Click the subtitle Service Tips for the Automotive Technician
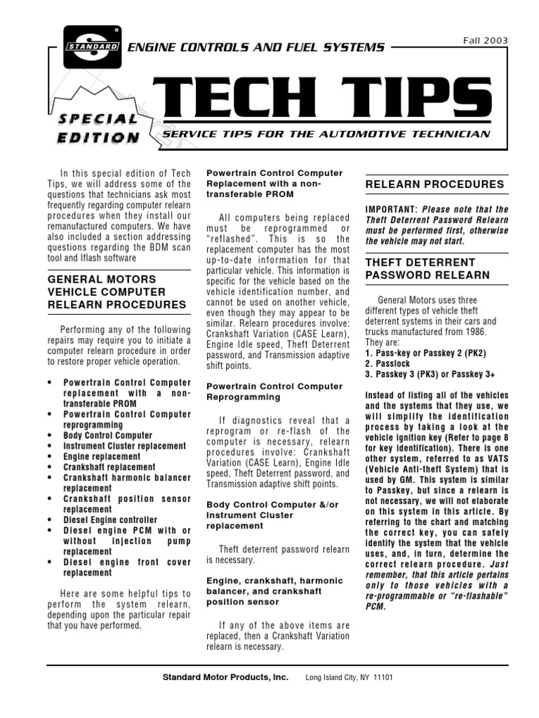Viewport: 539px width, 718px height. [x=326, y=133]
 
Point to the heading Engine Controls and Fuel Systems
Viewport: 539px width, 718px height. [x=255, y=48]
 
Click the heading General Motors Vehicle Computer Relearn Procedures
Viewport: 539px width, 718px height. [x=117, y=291]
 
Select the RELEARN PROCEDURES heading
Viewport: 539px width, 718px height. [x=435, y=184]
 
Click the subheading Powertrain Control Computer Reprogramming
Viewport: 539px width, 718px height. [x=274, y=391]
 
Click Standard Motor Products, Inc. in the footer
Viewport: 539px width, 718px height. [x=225, y=677]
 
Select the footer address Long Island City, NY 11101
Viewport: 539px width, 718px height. [x=349, y=678]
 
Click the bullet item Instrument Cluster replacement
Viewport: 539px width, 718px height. [x=124, y=446]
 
